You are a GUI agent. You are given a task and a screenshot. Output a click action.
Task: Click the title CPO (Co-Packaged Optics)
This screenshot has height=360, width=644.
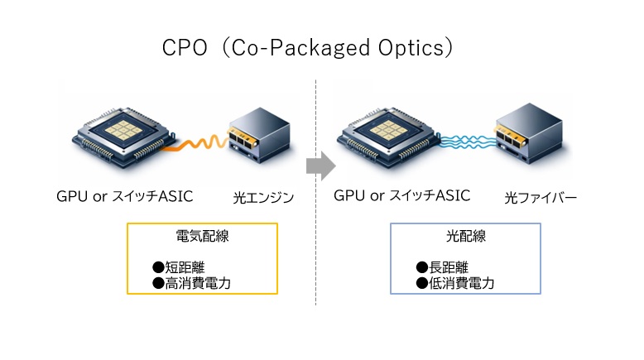click(307, 47)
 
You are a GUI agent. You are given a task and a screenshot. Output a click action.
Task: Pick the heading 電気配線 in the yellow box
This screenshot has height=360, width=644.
click(202, 236)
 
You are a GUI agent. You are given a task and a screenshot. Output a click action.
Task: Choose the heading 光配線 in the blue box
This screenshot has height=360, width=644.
click(464, 236)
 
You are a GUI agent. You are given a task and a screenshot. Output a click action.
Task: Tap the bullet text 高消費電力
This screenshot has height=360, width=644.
click(195, 283)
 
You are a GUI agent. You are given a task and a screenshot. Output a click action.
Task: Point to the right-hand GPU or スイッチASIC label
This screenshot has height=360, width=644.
click(401, 196)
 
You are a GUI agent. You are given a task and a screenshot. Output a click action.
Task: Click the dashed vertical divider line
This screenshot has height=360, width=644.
click(316, 248)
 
